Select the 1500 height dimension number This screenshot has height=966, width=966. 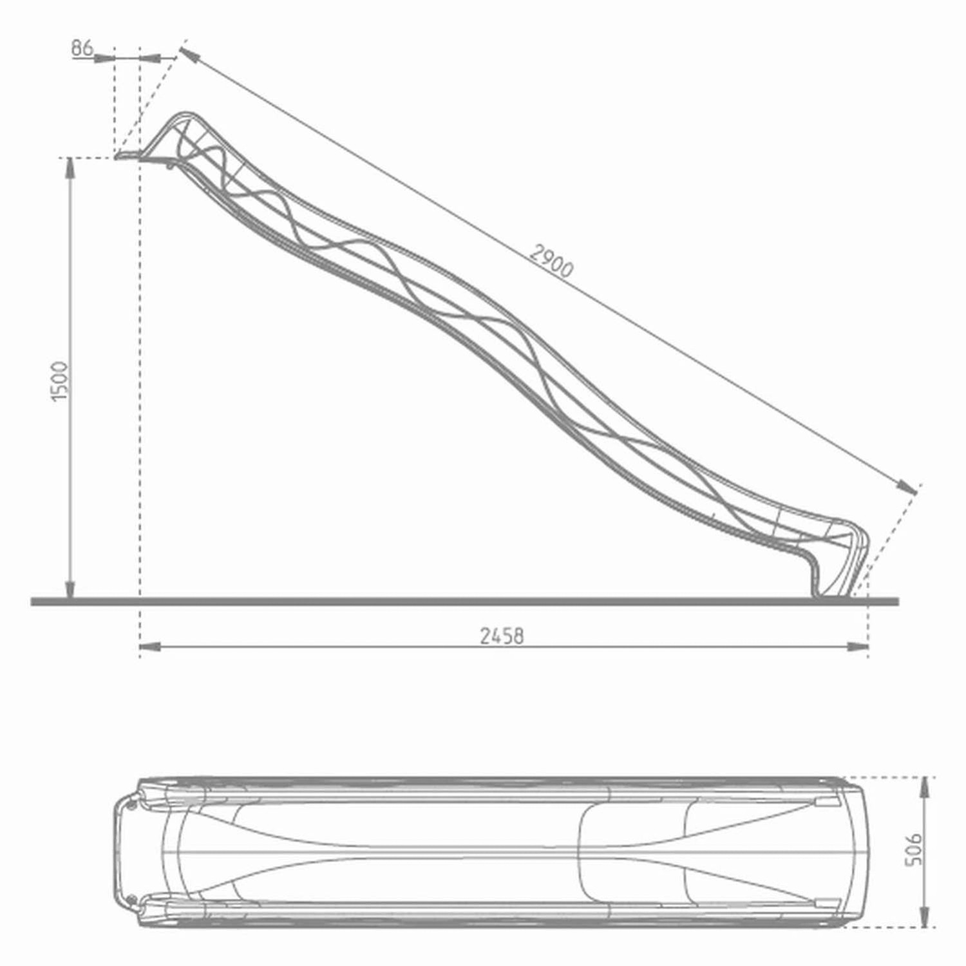coord(59,381)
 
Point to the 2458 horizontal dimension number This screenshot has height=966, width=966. coord(502,636)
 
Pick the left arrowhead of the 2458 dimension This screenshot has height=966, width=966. coord(149,646)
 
